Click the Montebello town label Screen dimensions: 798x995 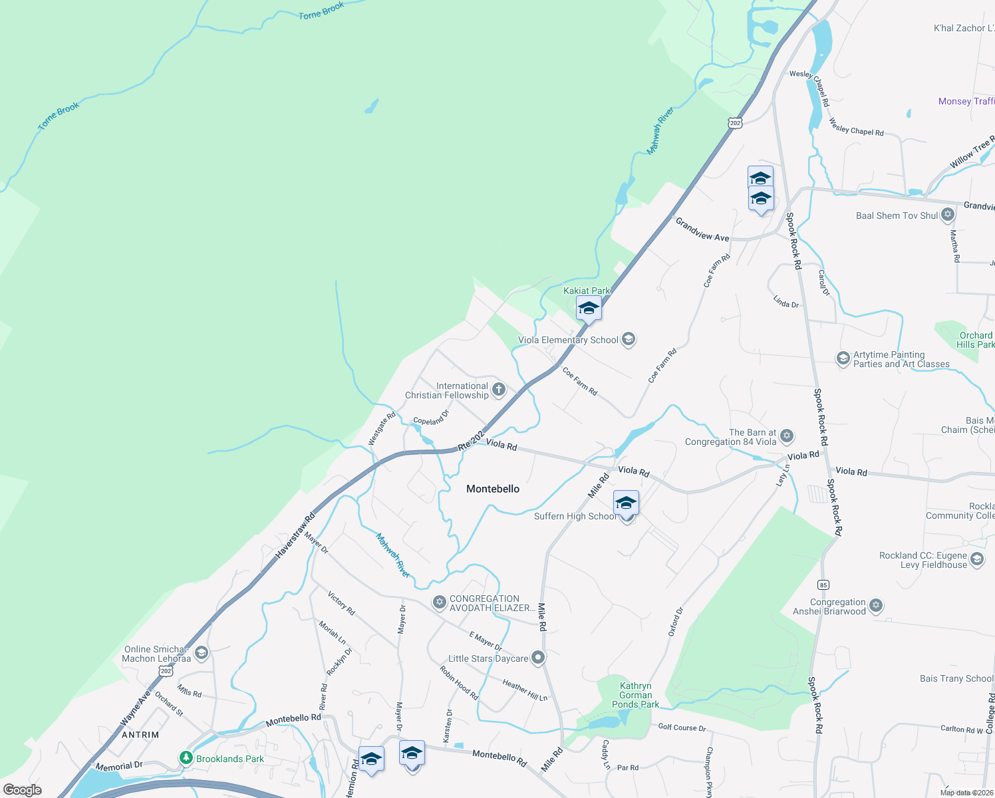coord(493,489)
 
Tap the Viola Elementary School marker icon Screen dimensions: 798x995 coord(629,340)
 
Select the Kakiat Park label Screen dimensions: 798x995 coord(586,291)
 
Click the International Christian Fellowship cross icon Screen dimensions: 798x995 coord(498,390)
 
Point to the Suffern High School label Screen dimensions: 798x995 coord(575,516)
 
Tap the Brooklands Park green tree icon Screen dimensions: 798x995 coord(186,758)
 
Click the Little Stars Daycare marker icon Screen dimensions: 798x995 coord(538,658)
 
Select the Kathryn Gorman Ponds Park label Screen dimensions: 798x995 coord(635,695)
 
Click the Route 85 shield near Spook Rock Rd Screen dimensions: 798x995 coord(823,585)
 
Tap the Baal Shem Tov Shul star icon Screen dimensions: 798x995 coord(948,215)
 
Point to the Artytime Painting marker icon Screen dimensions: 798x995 coord(843,359)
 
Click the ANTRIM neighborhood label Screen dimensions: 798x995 coord(140,735)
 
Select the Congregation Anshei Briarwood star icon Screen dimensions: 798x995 coord(876,605)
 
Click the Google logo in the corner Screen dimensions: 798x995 coord(22,789)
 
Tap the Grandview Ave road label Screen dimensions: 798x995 coord(702,230)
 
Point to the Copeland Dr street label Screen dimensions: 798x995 coord(431,418)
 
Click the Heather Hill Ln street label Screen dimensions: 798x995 coord(525,690)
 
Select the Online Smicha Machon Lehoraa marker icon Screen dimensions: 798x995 coord(201,653)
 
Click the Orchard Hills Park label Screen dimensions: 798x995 coord(976,340)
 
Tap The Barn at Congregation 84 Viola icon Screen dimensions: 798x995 coord(787,436)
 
